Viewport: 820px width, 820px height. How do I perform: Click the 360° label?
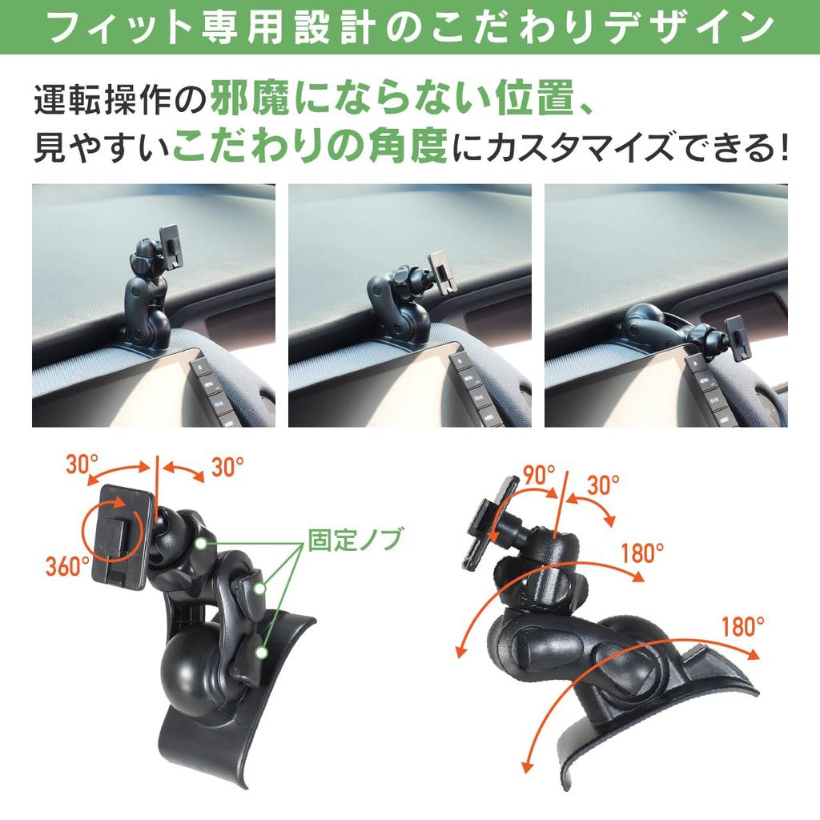pyautogui.click(x=67, y=567)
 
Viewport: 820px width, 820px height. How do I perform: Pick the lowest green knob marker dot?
pyautogui.click(x=262, y=653)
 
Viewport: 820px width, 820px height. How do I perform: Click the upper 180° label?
pyautogui.click(x=643, y=553)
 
